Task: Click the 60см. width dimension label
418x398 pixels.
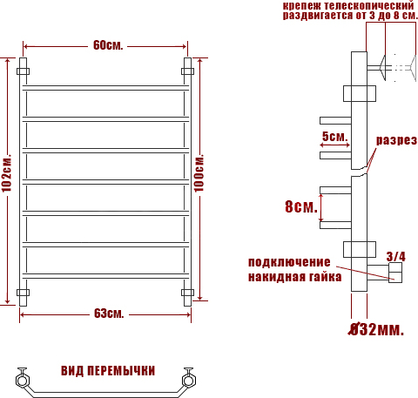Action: coord(108,45)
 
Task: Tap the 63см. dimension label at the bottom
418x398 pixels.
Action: coord(109,314)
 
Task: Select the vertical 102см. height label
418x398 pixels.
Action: coord(6,172)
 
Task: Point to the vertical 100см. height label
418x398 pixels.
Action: coord(199,172)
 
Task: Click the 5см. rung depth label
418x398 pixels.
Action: coord(334,136)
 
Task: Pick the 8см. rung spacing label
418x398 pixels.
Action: coord(301,206)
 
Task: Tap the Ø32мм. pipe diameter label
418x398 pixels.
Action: coord(376,329)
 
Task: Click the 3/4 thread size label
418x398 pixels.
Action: coord(395,257)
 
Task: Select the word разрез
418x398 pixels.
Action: coord(396,140)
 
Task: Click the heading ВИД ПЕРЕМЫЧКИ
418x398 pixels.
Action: coord(108,371)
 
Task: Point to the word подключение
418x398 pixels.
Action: coord(289,262)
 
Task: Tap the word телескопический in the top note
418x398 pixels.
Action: coord(369,5)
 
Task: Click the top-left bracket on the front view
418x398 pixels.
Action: coord(23,71)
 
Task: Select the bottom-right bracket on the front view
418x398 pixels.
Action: coord(187,293)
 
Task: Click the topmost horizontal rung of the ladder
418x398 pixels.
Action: coord(105,88)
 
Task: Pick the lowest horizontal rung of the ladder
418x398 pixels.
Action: coord(105,276)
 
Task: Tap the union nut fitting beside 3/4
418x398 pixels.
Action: coord(395,273)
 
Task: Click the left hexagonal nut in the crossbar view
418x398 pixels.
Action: coord(22,381)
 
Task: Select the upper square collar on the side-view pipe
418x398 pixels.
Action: coord(360,93)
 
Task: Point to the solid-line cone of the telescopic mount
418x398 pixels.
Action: coord(382,68)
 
